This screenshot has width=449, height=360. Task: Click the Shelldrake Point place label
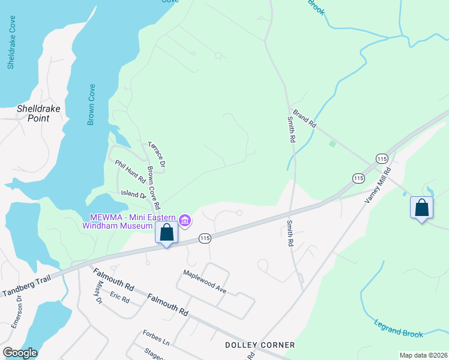[33, 113]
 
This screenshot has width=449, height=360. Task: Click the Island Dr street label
[133, 194]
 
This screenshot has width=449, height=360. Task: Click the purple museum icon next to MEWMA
[185, 221]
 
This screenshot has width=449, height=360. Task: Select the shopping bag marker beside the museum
[166, 232]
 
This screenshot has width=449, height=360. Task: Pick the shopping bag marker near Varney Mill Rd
[421, 208]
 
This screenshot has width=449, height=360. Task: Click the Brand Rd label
[305, 117]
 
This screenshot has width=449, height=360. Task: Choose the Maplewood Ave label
[205, 281]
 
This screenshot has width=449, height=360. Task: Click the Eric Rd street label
[120, 298]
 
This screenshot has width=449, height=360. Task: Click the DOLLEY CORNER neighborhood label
[260, 345]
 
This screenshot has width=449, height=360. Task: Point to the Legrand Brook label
[397, 329]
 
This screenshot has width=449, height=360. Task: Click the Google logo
[20, 353]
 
